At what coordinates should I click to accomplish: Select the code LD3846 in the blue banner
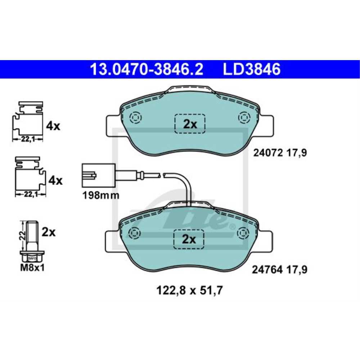252,69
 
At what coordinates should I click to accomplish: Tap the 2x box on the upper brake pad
190,124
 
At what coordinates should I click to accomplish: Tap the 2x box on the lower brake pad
189,239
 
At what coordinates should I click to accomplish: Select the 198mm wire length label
100,196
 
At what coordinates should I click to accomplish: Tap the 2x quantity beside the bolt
49,232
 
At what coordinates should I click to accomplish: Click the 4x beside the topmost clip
53,126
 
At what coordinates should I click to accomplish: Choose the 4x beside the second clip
55,180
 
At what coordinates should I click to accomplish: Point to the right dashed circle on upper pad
244,118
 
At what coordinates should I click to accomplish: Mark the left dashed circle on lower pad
135,233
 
